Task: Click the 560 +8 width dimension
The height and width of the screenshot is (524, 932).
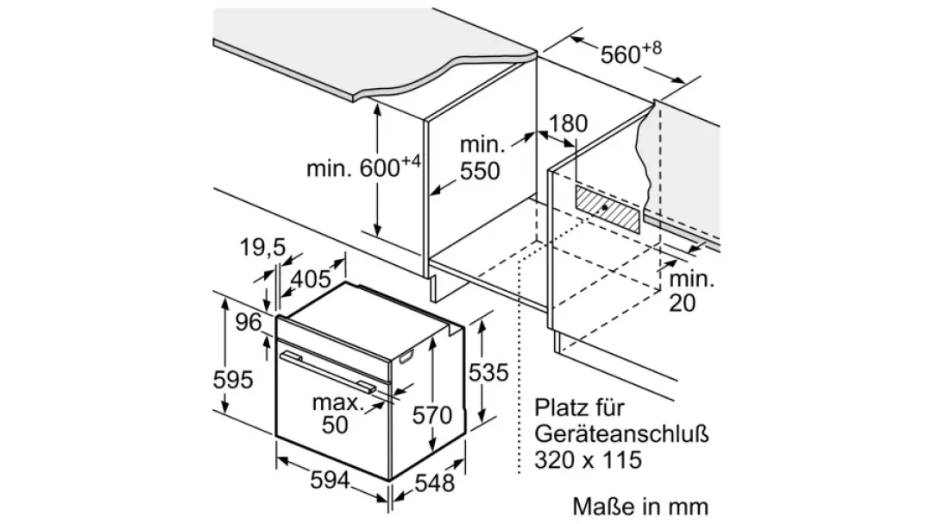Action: [631, 53]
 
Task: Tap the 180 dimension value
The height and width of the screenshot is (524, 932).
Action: [567, 123]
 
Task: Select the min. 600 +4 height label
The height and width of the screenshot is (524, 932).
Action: [363, 167]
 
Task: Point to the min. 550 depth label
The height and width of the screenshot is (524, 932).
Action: [482, 158]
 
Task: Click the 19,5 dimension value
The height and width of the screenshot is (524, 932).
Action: [262, 247]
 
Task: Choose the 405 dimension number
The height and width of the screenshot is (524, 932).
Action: [311, 278]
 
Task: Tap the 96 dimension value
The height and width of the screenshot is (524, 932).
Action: [249, 322]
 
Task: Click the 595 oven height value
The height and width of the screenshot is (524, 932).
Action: [233, 380]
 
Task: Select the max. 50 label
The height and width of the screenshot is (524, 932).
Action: [337, 414]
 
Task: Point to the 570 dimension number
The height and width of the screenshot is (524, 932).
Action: [432, 415]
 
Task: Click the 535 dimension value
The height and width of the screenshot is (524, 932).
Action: [488, 372]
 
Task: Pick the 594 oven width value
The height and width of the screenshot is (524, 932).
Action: [331, 479]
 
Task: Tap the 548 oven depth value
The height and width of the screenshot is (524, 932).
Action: [434, 483]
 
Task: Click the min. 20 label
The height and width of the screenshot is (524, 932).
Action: [691, 291]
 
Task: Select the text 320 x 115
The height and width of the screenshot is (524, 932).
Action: [589, 460]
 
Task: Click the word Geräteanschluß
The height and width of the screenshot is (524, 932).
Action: [621, 433]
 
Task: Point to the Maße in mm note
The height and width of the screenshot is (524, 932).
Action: [640, 507]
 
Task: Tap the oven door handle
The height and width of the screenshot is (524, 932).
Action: [328, 371]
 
